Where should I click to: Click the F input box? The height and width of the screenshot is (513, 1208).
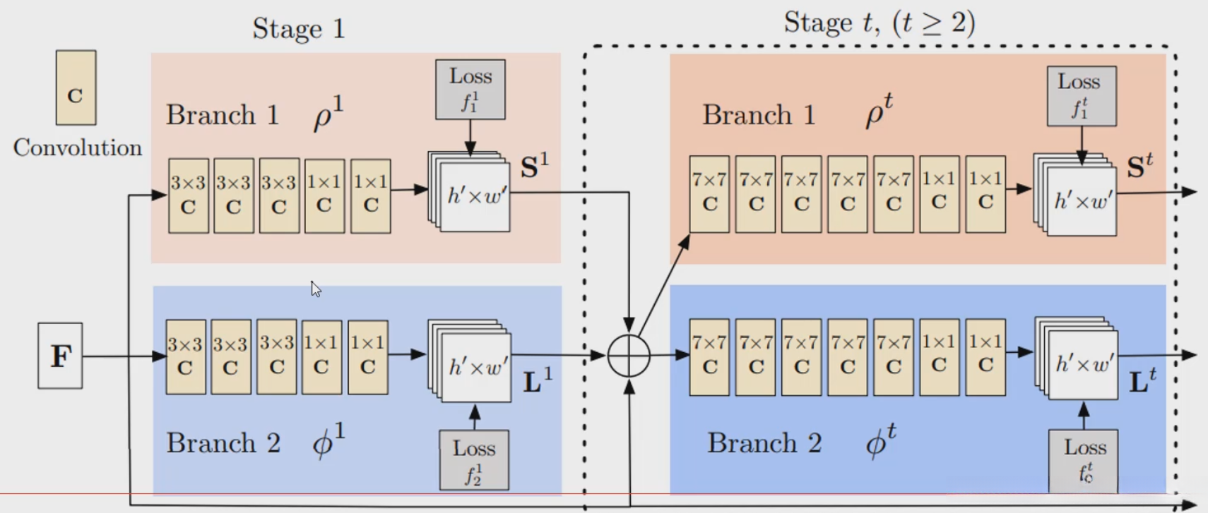(x=60, y=356)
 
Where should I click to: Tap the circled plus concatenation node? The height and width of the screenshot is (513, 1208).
(x=629, y=356)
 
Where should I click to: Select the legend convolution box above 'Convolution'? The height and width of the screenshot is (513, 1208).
(x=76, y=87)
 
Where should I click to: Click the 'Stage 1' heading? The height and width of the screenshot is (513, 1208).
(x=298, y=29)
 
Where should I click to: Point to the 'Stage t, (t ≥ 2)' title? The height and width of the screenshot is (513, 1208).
(x=879, y=23)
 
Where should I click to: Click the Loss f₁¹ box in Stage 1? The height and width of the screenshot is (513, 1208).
(x=470, y=90)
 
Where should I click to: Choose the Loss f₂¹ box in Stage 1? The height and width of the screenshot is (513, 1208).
(x=474, y=460)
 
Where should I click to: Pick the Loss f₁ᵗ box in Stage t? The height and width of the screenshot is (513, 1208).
(x=1081, y=96)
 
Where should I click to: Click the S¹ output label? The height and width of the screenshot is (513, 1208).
(x=534, y=167)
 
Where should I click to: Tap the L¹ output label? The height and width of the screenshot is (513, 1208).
(x=537, y=381)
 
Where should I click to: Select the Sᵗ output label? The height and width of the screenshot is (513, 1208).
(x=1139, y=167)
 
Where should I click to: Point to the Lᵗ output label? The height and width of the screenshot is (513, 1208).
(x=1142, y=381)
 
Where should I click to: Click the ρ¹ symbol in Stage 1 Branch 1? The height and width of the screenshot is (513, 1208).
(x=328, y=114)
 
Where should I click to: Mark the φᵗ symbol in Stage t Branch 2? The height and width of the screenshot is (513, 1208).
(x=880, y=443)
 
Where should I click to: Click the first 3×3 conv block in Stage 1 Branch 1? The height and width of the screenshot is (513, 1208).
(x=188, y=195)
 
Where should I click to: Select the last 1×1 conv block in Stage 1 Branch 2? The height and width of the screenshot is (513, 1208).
(x=367, y=356)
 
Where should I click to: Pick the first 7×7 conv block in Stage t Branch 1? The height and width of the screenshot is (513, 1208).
(x=709, y=194)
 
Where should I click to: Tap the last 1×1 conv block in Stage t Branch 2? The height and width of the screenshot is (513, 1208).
(x=985, y=356)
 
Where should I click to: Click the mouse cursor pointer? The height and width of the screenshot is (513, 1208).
(x=315, y=289)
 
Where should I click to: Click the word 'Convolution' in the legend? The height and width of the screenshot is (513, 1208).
(x=78, y=147)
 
